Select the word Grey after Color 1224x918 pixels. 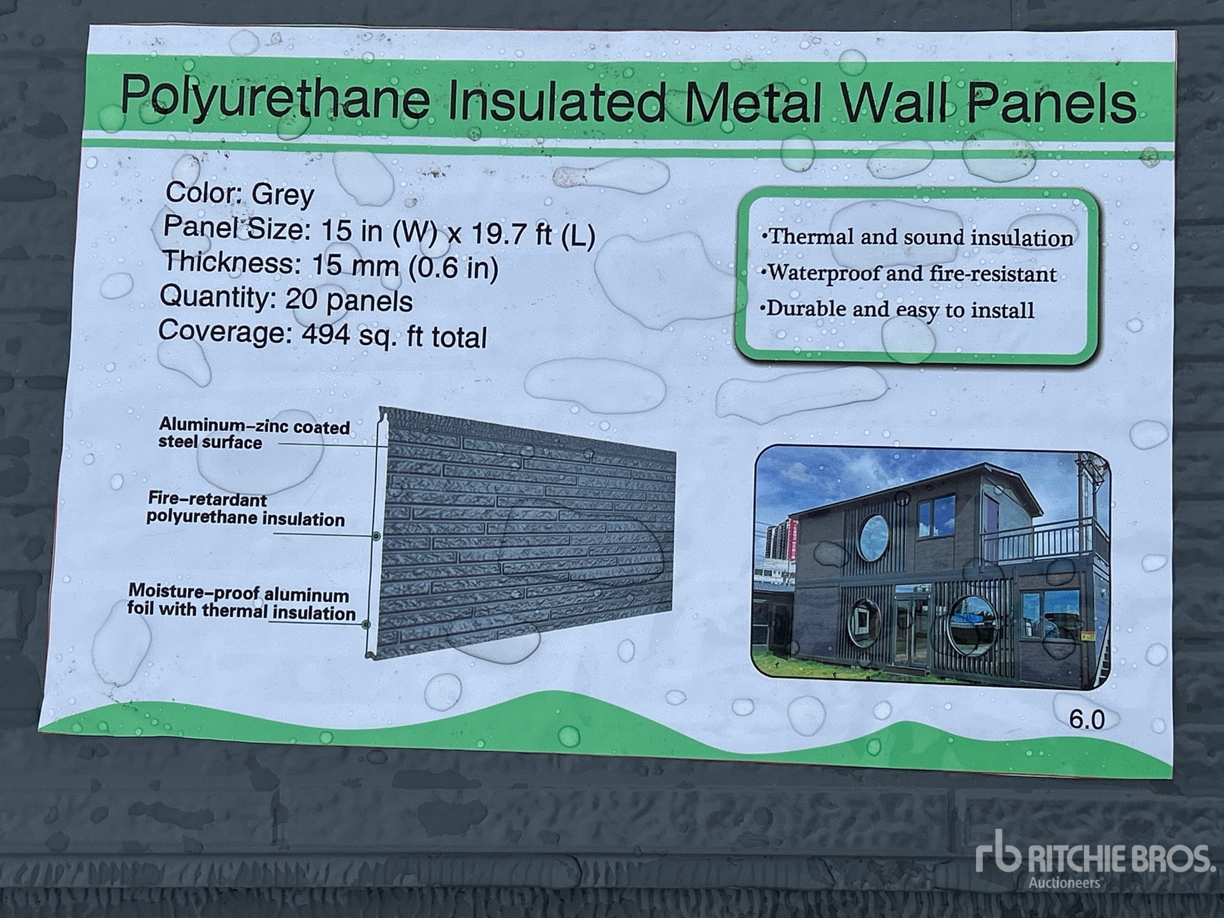(x=282, y=194)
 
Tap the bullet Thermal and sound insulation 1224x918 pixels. (x=917, y=237)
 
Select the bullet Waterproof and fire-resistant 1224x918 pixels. (x=908, y=273)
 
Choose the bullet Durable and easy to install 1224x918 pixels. (x=896, y=310)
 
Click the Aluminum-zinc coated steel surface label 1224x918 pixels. (x=254, y=433)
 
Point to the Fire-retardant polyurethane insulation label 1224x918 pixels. (x=245, y=509)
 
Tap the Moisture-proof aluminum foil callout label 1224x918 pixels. (x=241, y=602)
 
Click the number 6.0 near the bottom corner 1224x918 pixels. (x=1086, y=720)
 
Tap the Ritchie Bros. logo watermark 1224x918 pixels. (x=1093, y=859)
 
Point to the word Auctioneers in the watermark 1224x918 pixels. (x=1065, y=883)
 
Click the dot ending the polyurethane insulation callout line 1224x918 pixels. (x=376, y=536)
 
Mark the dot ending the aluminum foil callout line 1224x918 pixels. (x=366, y=624)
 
